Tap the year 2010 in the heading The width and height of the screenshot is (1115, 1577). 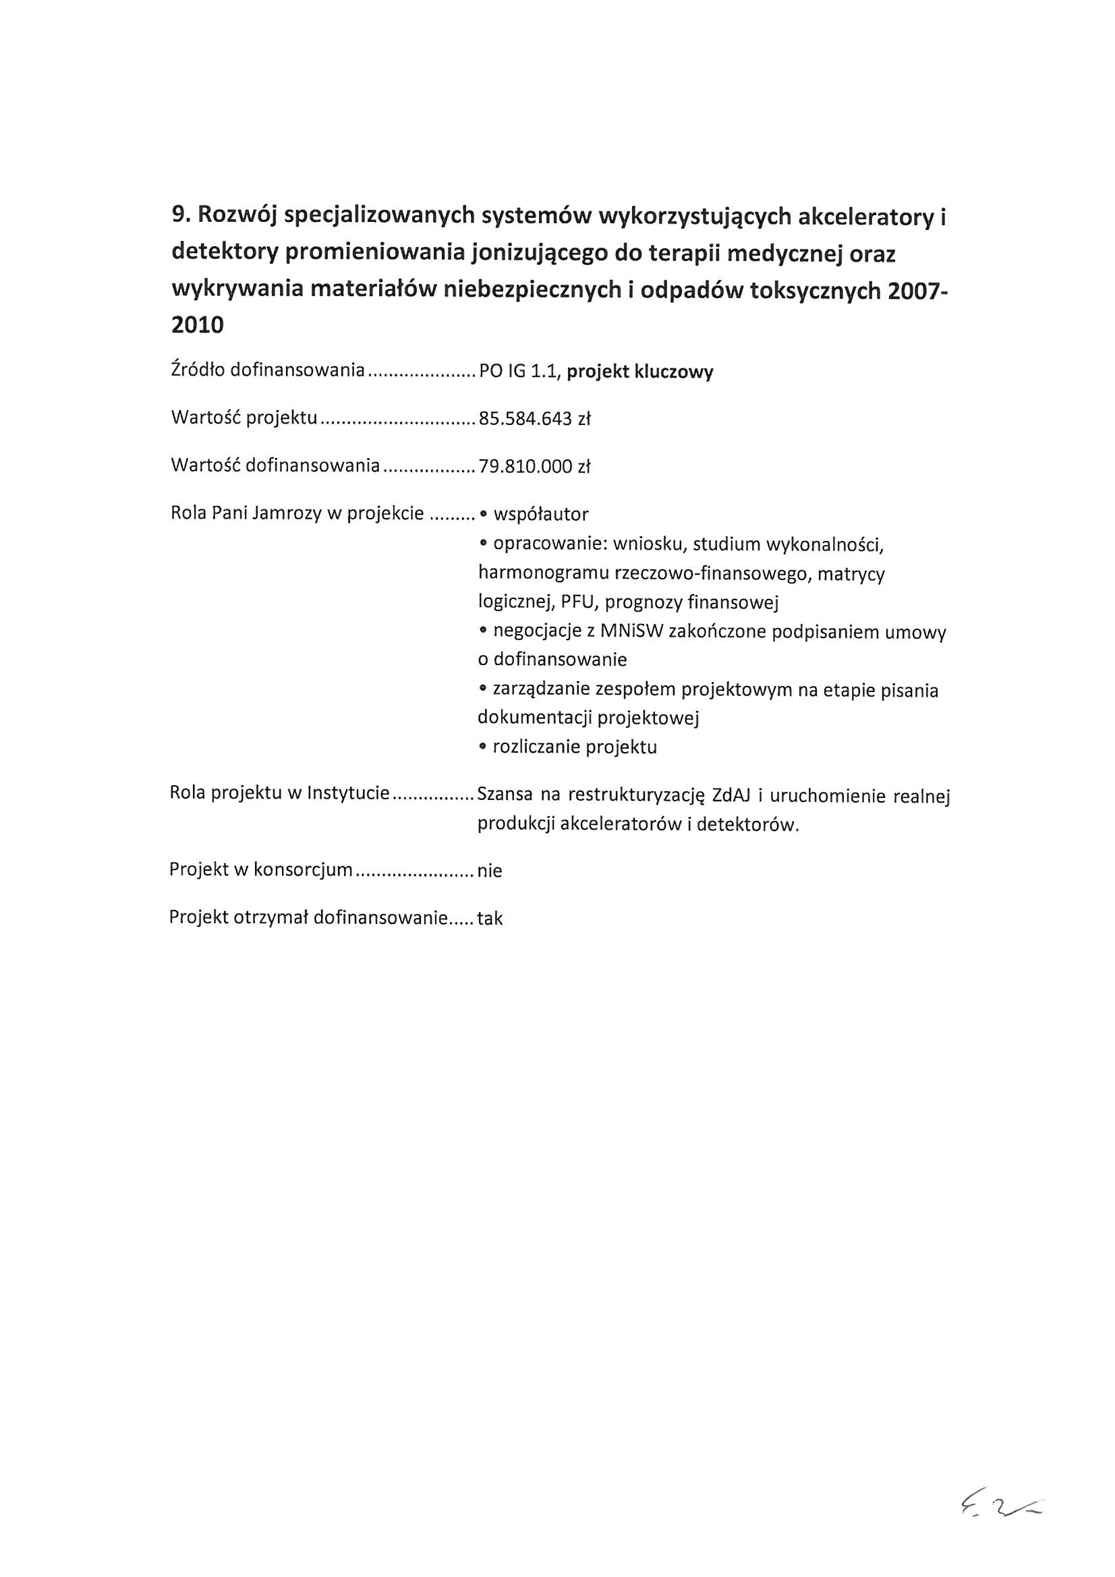click(x=197, y=325)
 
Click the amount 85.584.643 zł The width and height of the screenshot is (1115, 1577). click(x=534, y=419)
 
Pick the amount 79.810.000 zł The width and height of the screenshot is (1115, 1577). click(x=534, y=467)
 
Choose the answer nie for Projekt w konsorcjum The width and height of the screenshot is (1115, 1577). click(x=490, y=871)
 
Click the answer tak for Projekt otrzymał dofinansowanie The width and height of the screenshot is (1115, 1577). click(x=490, y=918)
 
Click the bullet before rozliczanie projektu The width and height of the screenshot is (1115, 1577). click(x=484, y=747)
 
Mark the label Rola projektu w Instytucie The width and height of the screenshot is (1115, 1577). click(x=280, y=793)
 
